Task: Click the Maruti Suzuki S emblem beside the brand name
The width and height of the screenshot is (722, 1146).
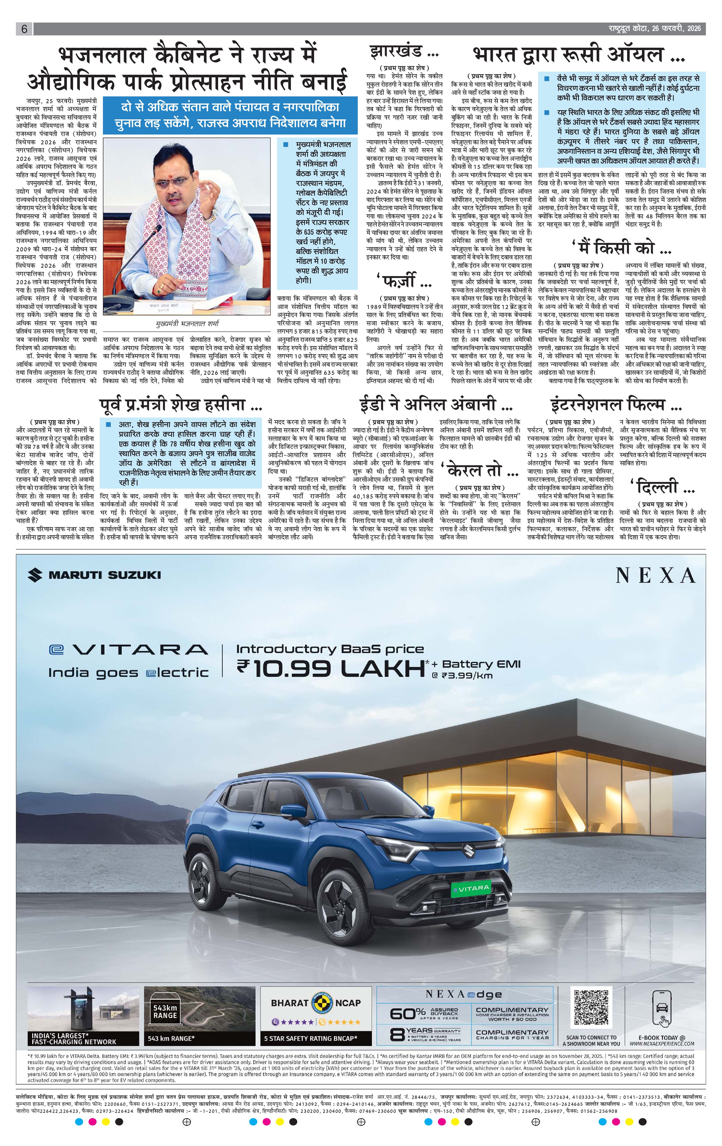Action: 35,575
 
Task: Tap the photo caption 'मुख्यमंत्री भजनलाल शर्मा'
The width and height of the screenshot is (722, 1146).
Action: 187,324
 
